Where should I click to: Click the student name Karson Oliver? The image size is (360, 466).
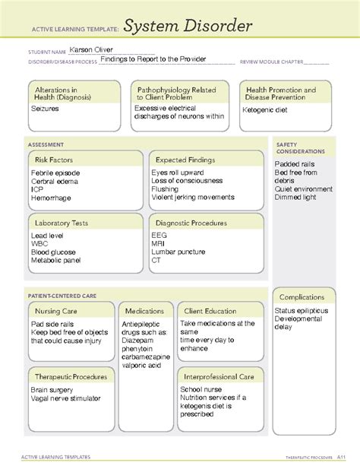tap(90, 49)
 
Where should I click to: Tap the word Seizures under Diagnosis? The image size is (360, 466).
tap(45, 109)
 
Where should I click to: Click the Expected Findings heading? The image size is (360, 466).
tap(185, 160)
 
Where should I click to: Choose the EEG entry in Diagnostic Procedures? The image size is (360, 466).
tap(159, 235)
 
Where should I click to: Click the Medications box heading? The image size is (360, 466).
tap(144, 311)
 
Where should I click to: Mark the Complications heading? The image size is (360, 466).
tap(302, 296)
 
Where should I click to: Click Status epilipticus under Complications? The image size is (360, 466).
tap(302, 312)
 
